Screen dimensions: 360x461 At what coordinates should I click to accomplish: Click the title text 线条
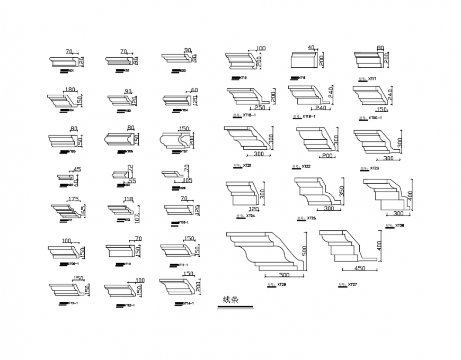pyautogui.click(x=230, y=300)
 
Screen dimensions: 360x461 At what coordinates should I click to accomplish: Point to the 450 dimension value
pyautogui.click(x=359, y=268)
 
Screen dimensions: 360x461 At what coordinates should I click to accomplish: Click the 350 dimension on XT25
pyautogui.click(x=342, y=190)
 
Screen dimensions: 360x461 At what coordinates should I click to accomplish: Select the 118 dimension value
pyautogui.click(x=128, y=200)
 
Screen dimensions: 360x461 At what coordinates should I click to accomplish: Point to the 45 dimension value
pyautogui.click(x=77, y=170)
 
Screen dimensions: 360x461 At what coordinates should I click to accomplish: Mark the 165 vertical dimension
pyautogui.click(x=83, y=210)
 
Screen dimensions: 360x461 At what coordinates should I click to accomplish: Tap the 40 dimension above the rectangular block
pyautogui.click(x=311, y=48)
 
